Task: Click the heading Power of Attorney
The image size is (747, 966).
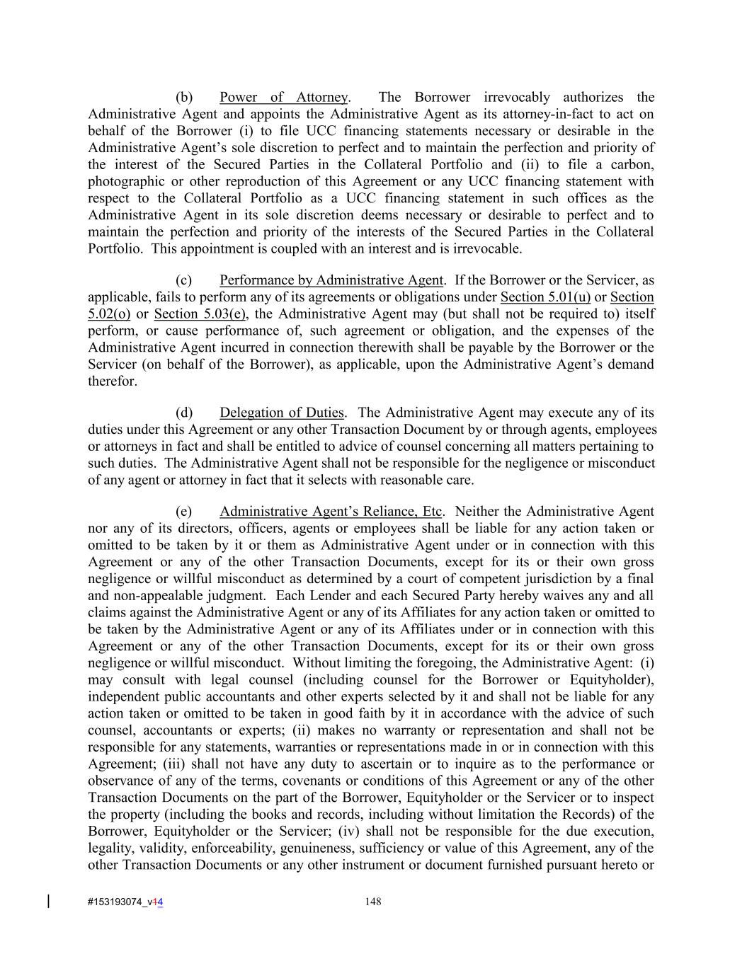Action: point(283,98)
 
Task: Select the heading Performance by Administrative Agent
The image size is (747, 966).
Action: point(331,280)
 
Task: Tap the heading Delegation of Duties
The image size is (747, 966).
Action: point(281,413)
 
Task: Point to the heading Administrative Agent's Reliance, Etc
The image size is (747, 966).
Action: point(331,512)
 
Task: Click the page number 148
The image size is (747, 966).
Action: point(373,902)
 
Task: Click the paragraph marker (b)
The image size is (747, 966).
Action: point(184,98)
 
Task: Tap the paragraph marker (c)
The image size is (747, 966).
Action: point(184,280)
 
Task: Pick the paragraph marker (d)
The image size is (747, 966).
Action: point(184,413)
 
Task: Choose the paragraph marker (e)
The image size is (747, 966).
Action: point(184,512)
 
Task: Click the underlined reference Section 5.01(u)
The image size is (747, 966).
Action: point(545,297)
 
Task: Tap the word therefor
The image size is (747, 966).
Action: point(112,381)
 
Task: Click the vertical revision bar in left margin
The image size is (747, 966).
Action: point(48,901)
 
